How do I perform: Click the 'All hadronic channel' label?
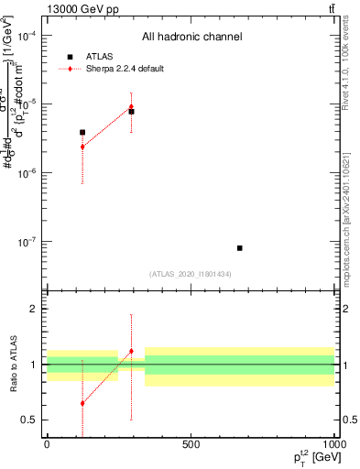[x=191, y=37]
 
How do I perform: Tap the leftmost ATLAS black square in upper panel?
[x=82, y=132]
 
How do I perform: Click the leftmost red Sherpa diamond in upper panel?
[x=82, y=147]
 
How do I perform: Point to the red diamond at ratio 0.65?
[x=82, y=403]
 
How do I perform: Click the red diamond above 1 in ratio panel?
[x=131, y=351]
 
